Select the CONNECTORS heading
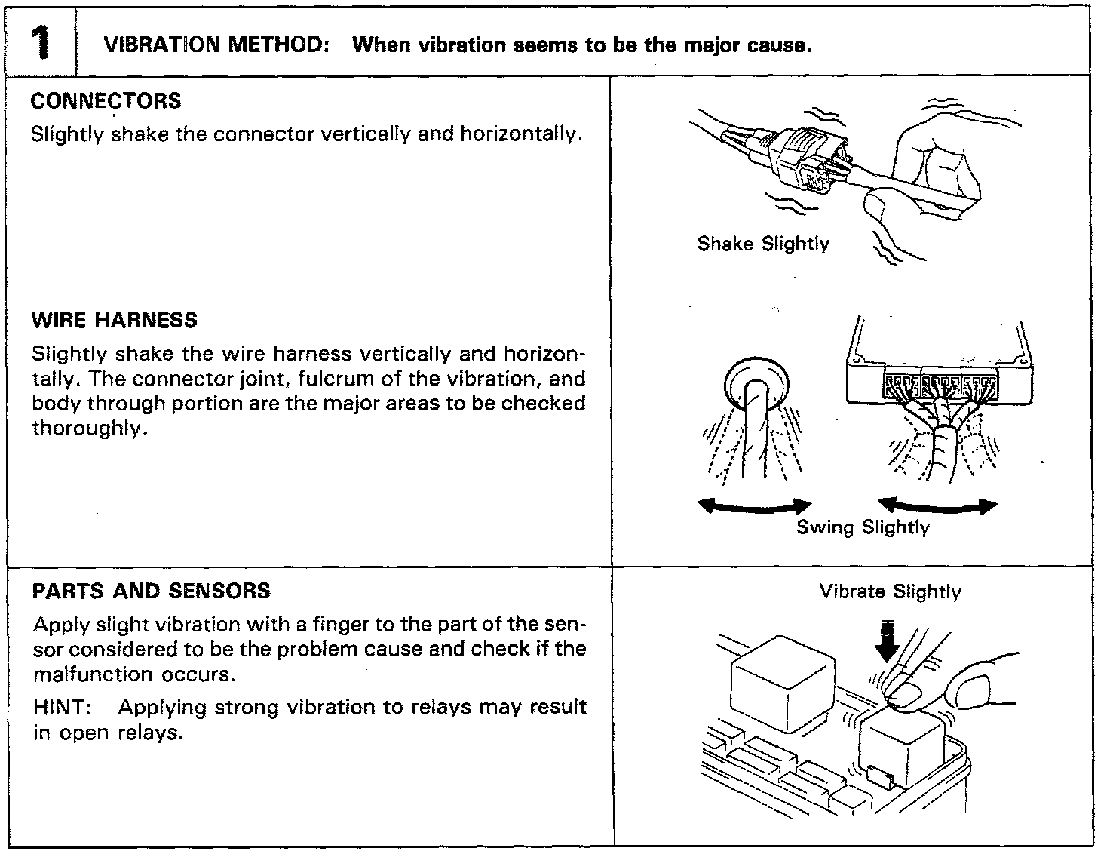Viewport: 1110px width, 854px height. click(x=106, y=101)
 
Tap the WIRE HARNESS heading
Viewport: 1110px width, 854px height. click(x=115, y=320)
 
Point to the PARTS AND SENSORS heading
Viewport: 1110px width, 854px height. click(x=152, y=591)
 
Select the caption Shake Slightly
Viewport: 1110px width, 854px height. click(x=763, y=244)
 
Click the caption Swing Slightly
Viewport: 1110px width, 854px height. click(x=863, y=527)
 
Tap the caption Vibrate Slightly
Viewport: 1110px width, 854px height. click(x=890, y=591)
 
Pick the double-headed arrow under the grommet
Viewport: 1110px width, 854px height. click(x=755, y=506)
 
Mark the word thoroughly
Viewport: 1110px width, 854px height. click(x=87, y=429)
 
